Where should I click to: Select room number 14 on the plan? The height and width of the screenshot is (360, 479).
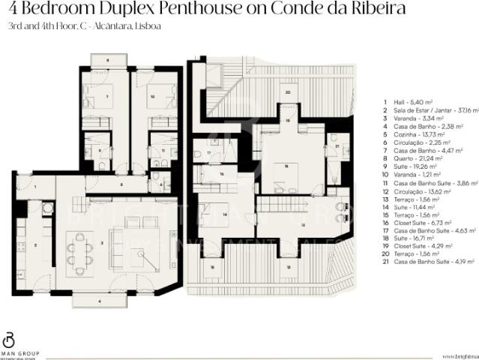point(225,214)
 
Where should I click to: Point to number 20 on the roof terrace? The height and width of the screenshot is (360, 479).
point(287,92)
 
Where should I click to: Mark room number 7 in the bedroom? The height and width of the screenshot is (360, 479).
point(107,97)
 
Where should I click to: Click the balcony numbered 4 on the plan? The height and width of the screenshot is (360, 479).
point(100,300)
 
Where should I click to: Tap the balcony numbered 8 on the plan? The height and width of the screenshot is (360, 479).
point(107,58)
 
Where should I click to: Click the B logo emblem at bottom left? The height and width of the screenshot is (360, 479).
point(9,339)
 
